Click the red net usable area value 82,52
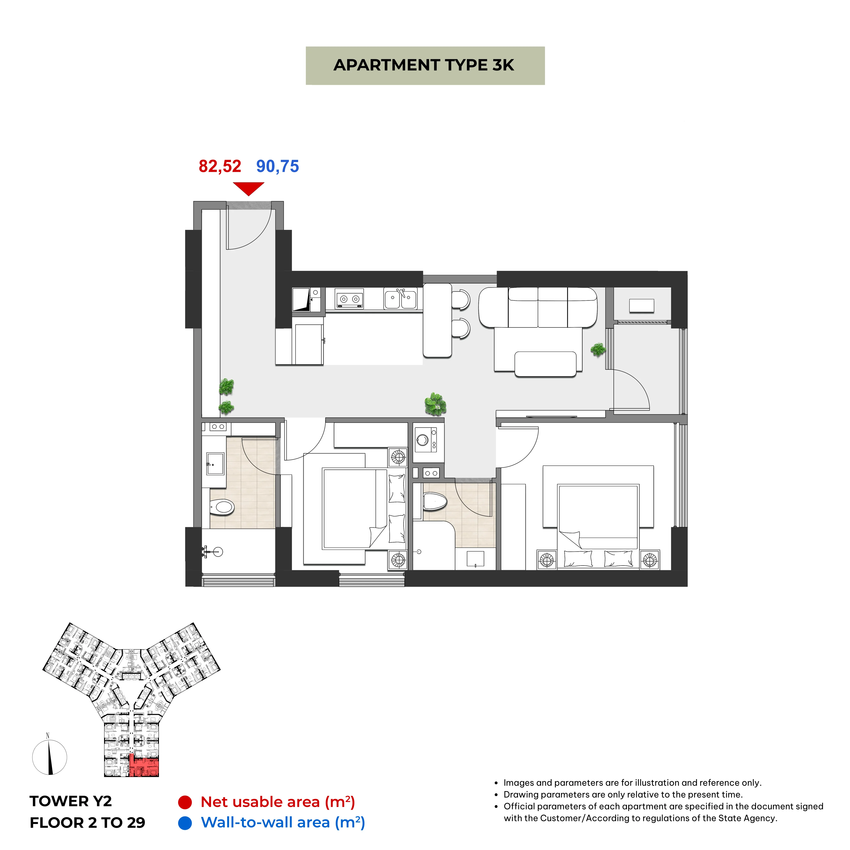pos(220,166)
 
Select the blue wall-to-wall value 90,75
pos(278,166)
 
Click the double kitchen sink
pos(400,299)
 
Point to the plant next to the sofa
pos(598,350)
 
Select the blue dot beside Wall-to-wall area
pos(185,823)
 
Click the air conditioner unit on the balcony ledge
pos(641,306)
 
